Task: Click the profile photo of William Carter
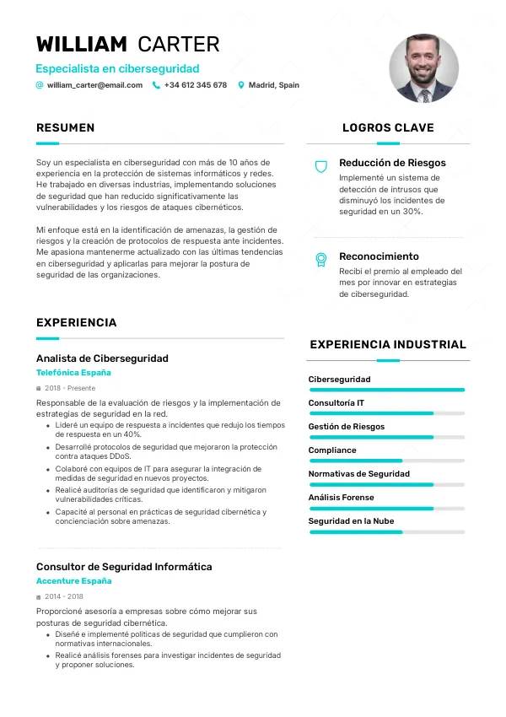tap(423, 68)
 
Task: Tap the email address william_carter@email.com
tap(94, 85)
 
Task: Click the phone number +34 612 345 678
tap(195, 85)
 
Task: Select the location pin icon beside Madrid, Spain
tap(241, 85)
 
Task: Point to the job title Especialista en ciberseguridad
tap(117, 68)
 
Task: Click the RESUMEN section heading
tap(65, 128)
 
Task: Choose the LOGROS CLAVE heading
tap(388, 128)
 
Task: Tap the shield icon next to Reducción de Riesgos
tap(320, 167)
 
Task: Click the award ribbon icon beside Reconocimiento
tap(320, 260)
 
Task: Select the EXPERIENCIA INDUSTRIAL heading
tap(388, 344)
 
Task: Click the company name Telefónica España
tap(73, 372)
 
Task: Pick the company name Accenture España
tap(73, 581)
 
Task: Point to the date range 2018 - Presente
tap(69, 388)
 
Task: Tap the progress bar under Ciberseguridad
tap(387, 390)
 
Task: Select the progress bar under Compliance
tap(387, 461)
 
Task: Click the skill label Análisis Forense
tap(341, 498)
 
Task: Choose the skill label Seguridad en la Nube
tap(351, 521)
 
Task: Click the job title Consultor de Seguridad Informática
tap(124, 567)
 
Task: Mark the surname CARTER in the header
tap(178, 45)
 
